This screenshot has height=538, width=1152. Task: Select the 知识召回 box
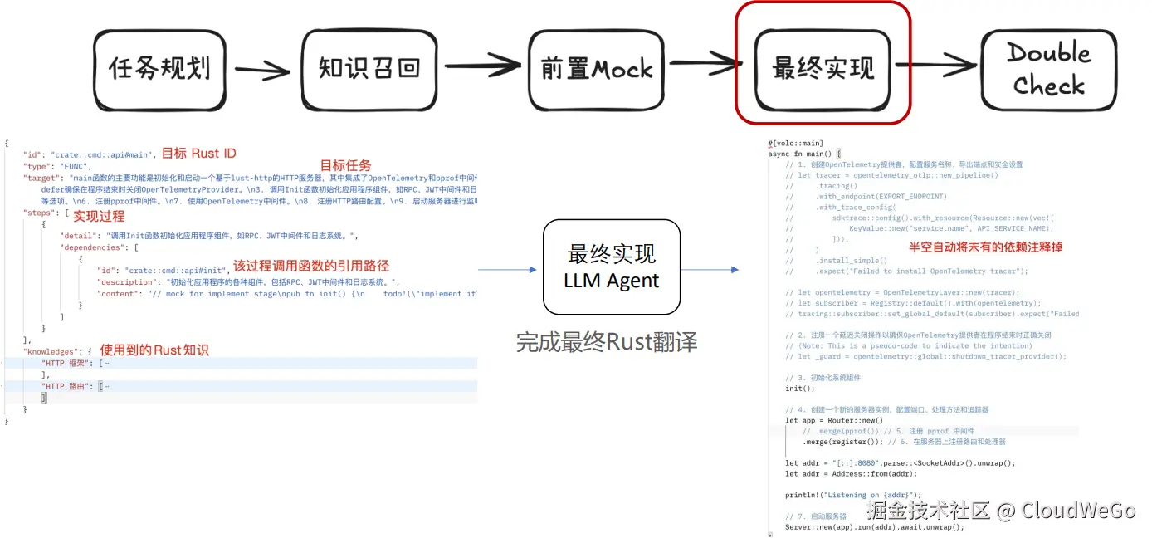point(369,70)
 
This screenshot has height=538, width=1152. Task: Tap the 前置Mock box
point(597,70)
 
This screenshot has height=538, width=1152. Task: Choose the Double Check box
point(1048,70)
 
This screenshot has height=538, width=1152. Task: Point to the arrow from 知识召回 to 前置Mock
point(482,66)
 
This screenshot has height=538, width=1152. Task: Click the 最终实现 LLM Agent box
point(611,267)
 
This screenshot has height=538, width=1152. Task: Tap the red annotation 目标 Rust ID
point(198,154)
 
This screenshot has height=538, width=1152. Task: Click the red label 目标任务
point(345,165)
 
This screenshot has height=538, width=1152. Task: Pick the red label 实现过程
point(99,217)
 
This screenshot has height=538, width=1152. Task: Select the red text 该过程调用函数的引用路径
point(310,266)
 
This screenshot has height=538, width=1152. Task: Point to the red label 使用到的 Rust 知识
point(154,350)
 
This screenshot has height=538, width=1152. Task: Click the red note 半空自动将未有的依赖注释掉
point(985,247)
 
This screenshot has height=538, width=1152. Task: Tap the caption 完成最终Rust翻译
point(606,342)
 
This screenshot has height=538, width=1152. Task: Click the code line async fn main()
point(804,154)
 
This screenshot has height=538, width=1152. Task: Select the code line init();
point(800,389)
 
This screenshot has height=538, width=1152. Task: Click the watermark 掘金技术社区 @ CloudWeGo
point(1000,509)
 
